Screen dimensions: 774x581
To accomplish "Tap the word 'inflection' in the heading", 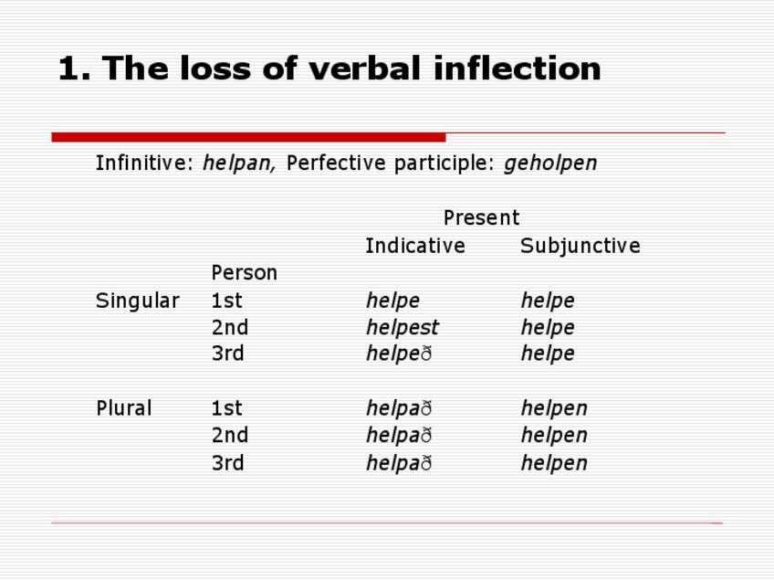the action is click(x=518, y=68).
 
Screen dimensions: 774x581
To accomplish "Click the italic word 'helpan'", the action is click(x=239, y=163).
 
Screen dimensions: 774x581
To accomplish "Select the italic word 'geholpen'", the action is click(x=550, y=163).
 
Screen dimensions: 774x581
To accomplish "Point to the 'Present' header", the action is click(x=481, y=217).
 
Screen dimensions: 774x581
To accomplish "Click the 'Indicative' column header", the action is click(x=415, y=246).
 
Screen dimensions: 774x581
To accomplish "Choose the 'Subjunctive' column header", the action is click(x=580, y=246).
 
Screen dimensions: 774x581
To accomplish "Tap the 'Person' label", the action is click(x=245, y=273).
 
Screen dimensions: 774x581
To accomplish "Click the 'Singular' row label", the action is click(x=137, y=301).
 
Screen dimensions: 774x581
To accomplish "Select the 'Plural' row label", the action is click(x=124, y=408).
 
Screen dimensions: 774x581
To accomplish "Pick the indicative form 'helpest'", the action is click(x=403, y=327).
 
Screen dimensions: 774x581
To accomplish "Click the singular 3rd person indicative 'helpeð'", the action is click(x=399, y=354).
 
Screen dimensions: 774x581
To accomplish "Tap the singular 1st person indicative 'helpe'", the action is click(x=392, y=301).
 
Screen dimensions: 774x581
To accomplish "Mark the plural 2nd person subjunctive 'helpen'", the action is click(x=554, y=435).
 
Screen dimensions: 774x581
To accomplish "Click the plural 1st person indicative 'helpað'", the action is click(x=399, y=408).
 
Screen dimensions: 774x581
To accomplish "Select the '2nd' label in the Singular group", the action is click(x=229, y=328).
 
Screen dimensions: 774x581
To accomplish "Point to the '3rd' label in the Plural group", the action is click(x=227, y=463).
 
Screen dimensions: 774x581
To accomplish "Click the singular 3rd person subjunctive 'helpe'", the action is click(x=548, y=354).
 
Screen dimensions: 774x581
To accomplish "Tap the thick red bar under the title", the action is click(x=248, y=137).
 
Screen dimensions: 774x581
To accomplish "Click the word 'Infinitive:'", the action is click(x=145, y=163).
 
